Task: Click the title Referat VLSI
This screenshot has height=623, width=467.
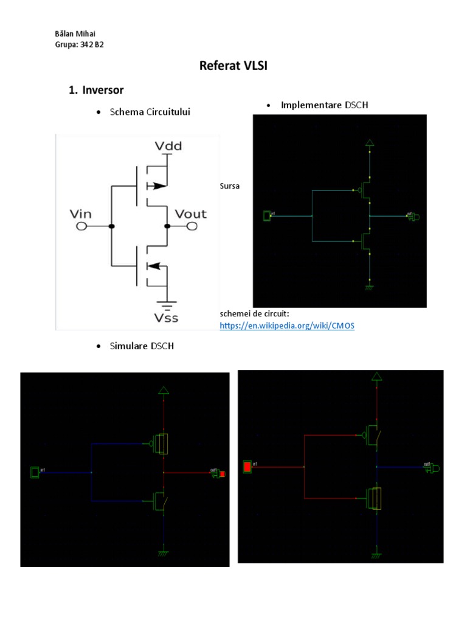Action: point(233,66)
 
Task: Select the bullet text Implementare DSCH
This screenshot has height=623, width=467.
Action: point(324,105)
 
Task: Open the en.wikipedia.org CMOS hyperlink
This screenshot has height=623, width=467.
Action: point(286,325)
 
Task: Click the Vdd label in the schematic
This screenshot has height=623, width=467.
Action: point(168,146)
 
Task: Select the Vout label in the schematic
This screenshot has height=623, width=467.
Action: point(190,214)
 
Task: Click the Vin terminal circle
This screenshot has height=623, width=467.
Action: point(80,226)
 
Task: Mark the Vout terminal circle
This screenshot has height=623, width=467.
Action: point(191,226)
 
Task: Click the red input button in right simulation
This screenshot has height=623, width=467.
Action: point(247,467)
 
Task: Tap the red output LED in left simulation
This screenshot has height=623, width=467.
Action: point(223,474)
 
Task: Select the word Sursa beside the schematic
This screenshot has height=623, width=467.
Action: point(229,186)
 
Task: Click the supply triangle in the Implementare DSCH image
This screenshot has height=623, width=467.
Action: point(368,144)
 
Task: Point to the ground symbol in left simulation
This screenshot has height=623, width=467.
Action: point(163,552)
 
